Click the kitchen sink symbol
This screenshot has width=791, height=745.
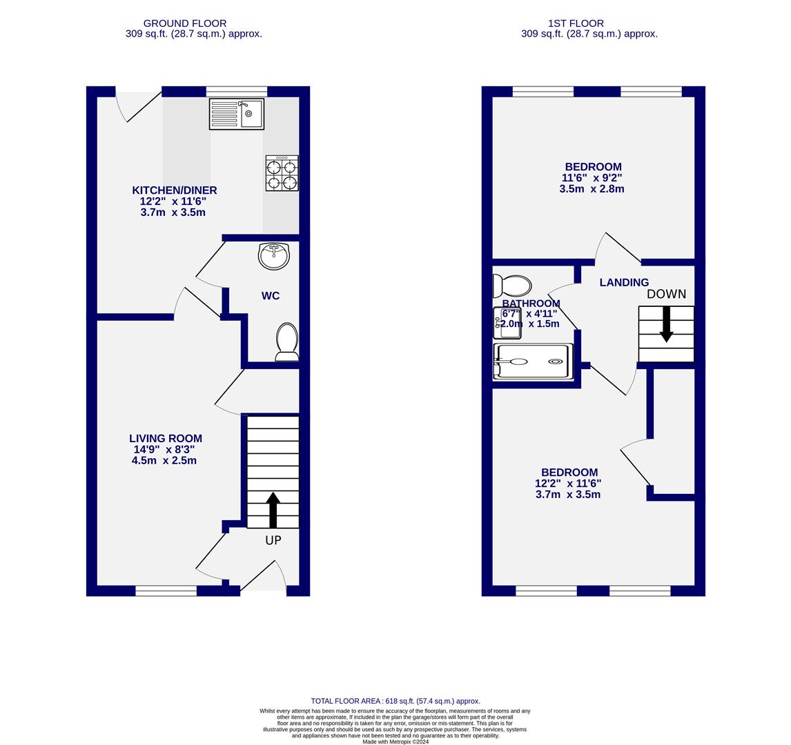[237, 114]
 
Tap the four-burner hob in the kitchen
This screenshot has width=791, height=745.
[282, 173]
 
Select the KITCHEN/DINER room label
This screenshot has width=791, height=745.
[175, 190]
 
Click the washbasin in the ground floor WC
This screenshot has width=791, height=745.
[274, 256]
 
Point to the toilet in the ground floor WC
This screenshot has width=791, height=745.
[286, 341]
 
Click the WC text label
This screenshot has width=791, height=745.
[271, 296]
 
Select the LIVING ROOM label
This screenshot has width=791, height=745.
[166, 439]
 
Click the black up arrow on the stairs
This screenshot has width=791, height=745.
[273, 510]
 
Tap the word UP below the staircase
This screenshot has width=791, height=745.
[273, 540]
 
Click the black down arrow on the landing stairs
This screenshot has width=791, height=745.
[666, 324]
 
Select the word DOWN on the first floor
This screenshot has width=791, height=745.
[666, 294]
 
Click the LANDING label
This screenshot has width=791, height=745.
[624, 283]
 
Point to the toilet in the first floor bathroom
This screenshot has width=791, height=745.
[512, 286]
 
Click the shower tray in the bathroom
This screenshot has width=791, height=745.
[532, 361]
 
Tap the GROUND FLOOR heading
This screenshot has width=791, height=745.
[185, 23]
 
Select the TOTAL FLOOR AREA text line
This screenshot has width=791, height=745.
[395, 701]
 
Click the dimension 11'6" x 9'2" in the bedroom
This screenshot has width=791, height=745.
[592, 178]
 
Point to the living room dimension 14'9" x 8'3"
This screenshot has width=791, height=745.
[164, 450]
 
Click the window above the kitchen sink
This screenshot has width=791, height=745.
[237, 91]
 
